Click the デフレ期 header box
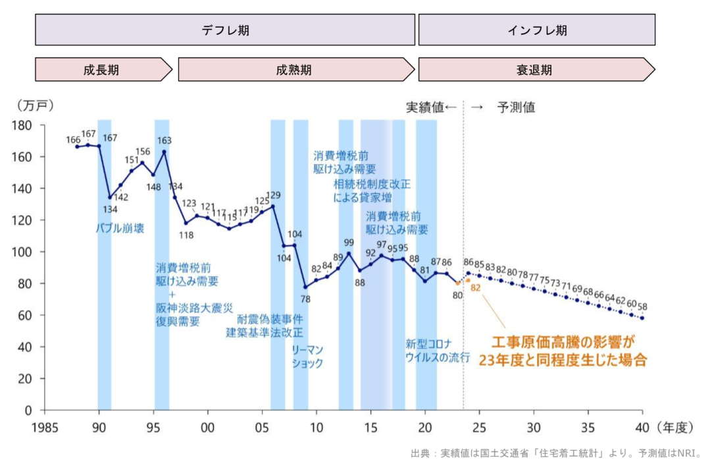click(x=225, y=30)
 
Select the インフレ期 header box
click(x=536, y=30)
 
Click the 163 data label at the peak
click(x=165, y=140)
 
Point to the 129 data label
click(x=272, y=195)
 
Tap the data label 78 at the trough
click(x=305, y=299)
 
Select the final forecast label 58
click(x=642, y=306)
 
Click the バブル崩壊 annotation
click(x=120, y=229)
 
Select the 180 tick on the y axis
click(x=22, y=125)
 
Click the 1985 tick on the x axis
click(x=45, y=427)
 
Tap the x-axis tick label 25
click(x=479, y=427)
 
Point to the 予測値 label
click(x=516, y=107)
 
